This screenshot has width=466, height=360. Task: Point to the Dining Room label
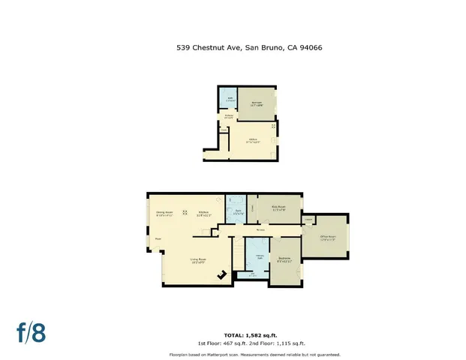[x=164, y=213]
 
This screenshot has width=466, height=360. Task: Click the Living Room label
[x=197, y=260]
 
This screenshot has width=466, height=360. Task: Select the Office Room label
[x=328, y=237]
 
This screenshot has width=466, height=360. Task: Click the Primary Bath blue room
[x=258, y=257]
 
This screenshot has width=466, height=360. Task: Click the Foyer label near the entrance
[x=158, y=239]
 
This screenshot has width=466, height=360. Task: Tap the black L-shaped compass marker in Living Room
[x=223, y=275]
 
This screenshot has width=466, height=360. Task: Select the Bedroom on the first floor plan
[x=257, y=103]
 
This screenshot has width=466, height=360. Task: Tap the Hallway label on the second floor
[x=260, y=229]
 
